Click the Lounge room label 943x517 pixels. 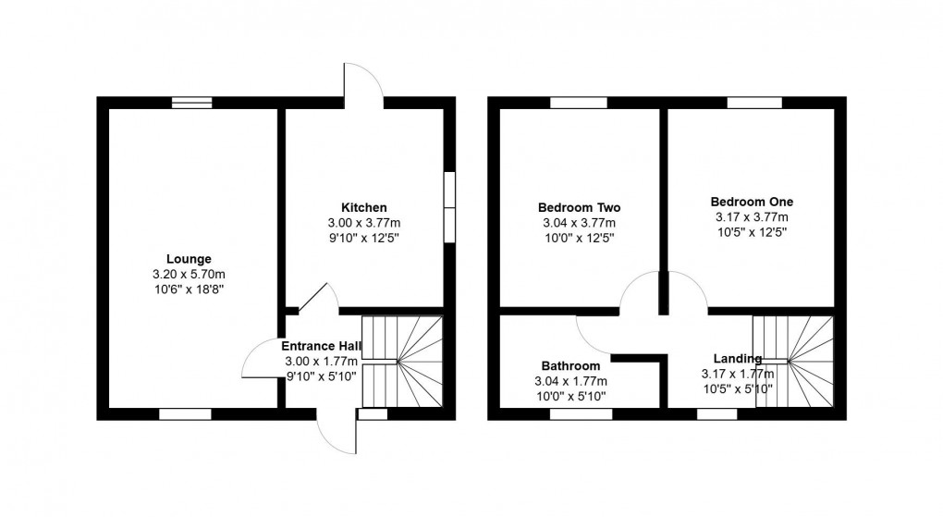(190, 259)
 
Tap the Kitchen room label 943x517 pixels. (364, 207)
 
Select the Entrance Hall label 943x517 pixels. (321, 346)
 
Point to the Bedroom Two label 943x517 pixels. (579, 207)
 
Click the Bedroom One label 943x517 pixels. (752, 202)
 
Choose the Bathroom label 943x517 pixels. (571, 366)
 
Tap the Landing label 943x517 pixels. (738, 359)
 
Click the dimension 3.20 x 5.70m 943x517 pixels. (190, 275)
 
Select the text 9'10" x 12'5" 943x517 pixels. (364, 238)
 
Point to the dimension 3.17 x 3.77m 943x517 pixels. (752, 217)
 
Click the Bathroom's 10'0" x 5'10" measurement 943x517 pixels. (571, 397)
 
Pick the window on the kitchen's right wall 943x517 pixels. (449, 207)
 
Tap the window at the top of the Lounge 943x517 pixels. (192, 103)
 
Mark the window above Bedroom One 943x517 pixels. (753, 103)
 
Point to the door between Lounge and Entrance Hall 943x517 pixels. (259, 363)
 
